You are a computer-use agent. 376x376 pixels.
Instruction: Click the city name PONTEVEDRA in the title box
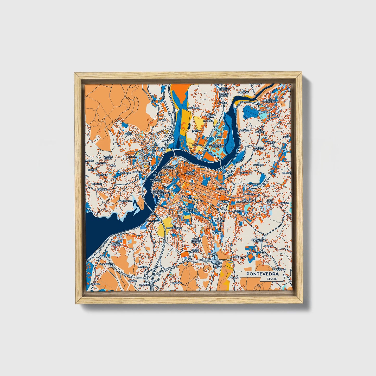(262, 274)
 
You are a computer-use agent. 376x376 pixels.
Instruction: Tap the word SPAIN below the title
(272, 279)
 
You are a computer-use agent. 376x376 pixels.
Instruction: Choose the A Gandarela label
(107, 264)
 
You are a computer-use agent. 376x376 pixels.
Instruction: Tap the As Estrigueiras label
(174, 228)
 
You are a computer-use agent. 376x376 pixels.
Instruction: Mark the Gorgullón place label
(218, 221)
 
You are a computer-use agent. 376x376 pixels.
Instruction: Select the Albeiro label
(268, 246)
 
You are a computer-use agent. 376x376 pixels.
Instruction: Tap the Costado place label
(259, 165)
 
